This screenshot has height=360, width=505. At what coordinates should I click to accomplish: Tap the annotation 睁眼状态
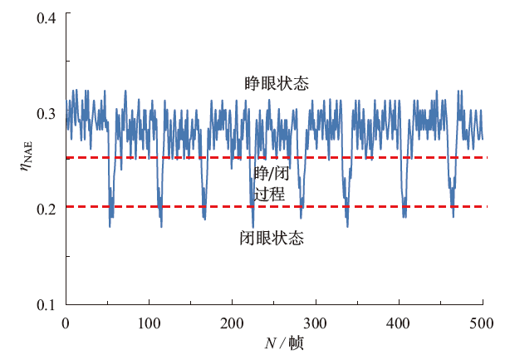[x=277, y=83]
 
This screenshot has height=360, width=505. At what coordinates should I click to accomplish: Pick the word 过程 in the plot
[x=270, y=194]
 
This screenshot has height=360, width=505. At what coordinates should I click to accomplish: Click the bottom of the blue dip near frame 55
[x=110, y=225]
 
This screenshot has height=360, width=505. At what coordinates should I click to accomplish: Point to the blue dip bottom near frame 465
[x=453, y=216]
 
